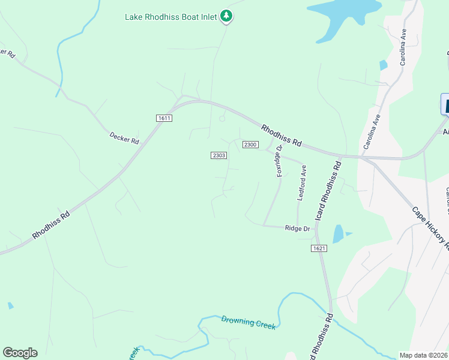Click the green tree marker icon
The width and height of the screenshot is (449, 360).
[x=226, y=16]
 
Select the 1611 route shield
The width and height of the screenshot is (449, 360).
[x=164, y=118]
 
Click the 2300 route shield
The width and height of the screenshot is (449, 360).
[x=250, y=145]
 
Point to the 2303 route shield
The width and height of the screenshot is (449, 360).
[x=218, y=155]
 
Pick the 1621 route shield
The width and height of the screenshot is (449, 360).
[x=319, y=248]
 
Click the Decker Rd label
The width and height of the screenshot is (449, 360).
[x=124, y=138]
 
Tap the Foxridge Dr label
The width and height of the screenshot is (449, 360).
[x=279, y=161]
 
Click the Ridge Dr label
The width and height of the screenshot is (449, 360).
[x=297, y=229]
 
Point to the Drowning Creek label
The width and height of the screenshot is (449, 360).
[x=249, y=322]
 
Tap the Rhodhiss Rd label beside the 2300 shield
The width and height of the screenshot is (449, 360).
[x=282, y=134]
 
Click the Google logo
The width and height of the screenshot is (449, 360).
[x=20, y=353]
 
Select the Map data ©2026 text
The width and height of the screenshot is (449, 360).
[x=423, y=355]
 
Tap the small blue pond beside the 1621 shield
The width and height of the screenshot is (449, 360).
[x=338, y=233]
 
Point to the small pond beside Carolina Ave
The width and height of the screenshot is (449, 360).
[x=382, y=65]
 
